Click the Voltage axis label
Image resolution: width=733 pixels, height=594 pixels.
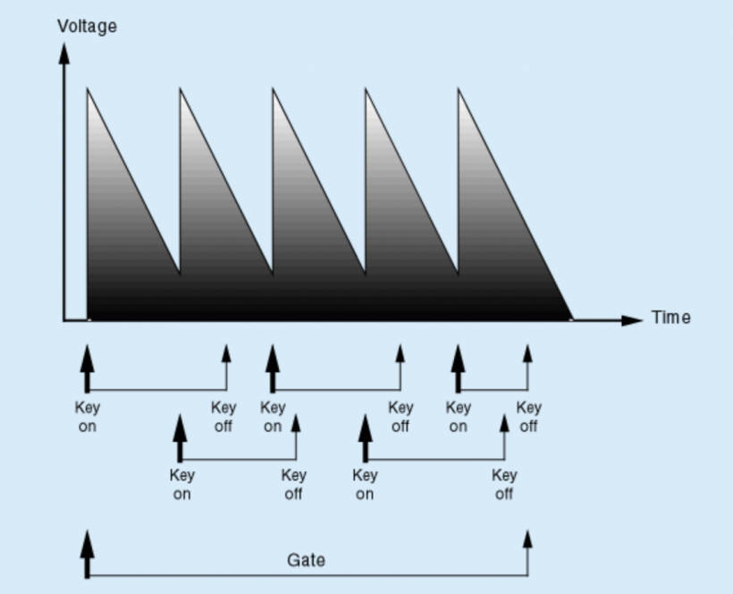pyautogui.click(x=87, y=26)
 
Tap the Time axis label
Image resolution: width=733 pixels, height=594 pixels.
pyautogui.click(x=670, y=318)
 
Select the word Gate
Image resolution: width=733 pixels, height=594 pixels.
pyautogui.click(x=306, y=561)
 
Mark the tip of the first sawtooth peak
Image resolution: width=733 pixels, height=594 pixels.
pyautogui.click(x=88, y=89)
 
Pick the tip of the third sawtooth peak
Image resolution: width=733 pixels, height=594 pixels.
pyautogui.click(x=273, y=89)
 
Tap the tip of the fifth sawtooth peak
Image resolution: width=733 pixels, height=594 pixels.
pyautogui.click(x=458, y=89)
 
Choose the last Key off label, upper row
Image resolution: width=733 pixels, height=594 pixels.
pyautogui.click(x=528, y=417)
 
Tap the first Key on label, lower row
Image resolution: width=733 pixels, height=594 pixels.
pyautogui.click(x=181, y=484)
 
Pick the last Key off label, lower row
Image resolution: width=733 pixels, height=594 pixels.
pyautogui.click(x=504, y=484)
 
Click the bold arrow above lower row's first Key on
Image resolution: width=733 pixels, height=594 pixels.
pyautogui.click(x=181, y=429)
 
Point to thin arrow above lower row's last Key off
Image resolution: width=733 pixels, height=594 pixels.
pyautogui.click(x=504, y=425)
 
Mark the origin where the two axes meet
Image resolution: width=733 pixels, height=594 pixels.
pyautogui.click(x=64, y=319)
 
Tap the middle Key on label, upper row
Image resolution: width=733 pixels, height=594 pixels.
pyautogui.click(x=273, y=417)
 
